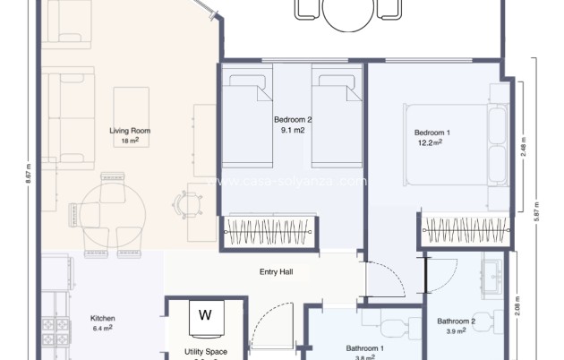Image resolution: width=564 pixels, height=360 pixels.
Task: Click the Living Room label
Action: [x=130, y=131]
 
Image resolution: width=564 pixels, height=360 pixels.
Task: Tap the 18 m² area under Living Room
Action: [x=130, y=141]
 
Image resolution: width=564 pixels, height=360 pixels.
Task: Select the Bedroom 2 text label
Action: [x=293, y=119]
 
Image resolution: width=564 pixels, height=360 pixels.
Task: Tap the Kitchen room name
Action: [x=102, y=318]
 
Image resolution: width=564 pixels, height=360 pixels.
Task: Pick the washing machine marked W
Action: [x=205, y=315]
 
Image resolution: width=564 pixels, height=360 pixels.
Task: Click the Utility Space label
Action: [x=205, y=352]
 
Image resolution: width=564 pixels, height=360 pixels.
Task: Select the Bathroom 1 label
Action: [x=365, y=348]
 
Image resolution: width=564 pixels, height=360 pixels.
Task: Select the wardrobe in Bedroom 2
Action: [x=269, y=231]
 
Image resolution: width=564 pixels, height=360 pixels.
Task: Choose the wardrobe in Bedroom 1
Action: [x=466, y=231]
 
